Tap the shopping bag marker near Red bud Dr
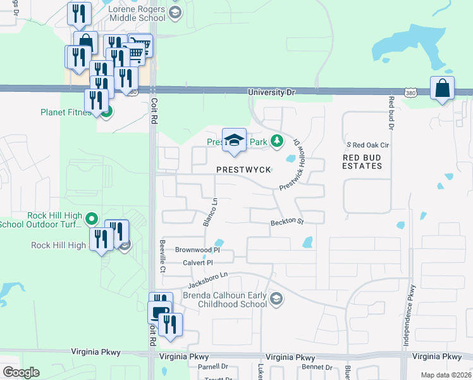coord(442,89)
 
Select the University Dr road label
coord(271,92)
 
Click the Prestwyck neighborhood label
coord(243,170)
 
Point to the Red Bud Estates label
coord(362,161)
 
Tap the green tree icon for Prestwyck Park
coord(276,141)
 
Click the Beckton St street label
coord(288,222)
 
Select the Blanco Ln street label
coord(209,213)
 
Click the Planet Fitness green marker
coord(107,113)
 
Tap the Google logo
coord(21,372)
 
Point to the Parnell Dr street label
coord(212,367)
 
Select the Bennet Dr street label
coord(317,367)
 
